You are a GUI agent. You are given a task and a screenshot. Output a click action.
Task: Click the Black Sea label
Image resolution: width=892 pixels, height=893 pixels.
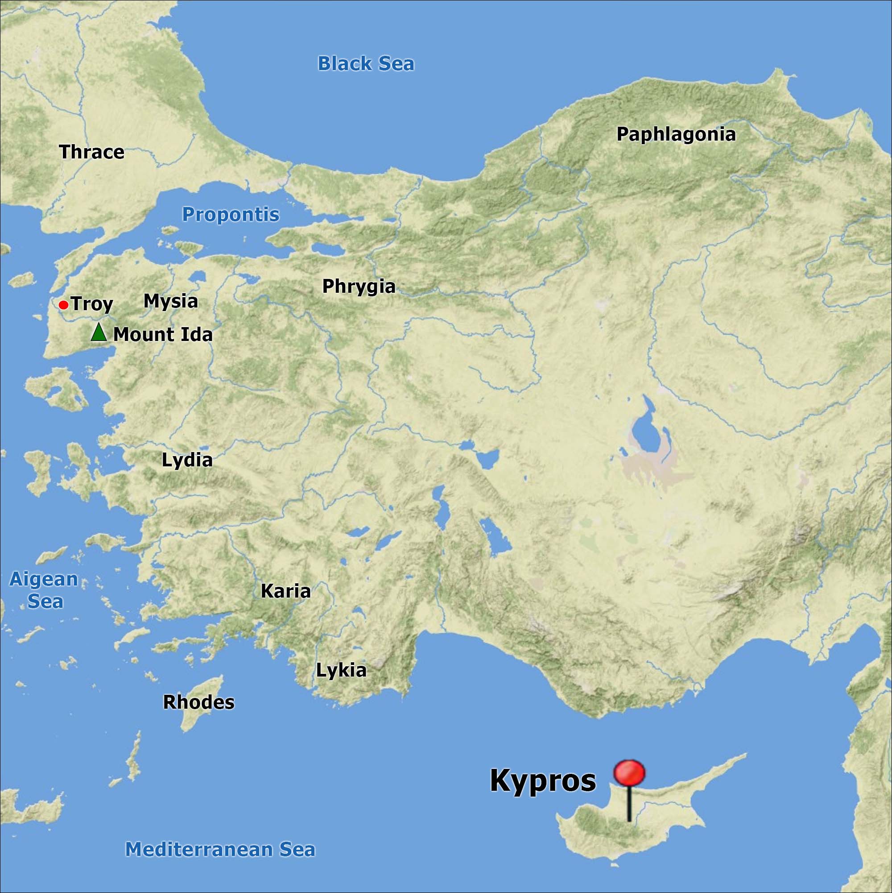(x=365, y=64)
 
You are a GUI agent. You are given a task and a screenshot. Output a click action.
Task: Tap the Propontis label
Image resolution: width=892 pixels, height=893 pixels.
(x=231, y=215)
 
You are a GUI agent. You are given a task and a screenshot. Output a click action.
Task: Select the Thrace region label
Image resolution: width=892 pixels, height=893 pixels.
(x=91, y=152)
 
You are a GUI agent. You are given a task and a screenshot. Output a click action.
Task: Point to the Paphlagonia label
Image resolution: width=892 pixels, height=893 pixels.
(x=676, y=134)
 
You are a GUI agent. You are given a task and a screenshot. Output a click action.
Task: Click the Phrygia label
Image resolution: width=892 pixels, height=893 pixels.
(x=359, y=286)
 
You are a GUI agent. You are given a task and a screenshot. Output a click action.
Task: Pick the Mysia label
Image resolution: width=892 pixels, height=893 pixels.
(x=170, y=301)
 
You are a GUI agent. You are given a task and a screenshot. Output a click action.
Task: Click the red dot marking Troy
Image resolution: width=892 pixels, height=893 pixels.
(x=64, y=305)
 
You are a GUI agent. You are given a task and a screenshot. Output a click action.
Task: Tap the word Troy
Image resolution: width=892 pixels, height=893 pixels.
(x=92, y=304)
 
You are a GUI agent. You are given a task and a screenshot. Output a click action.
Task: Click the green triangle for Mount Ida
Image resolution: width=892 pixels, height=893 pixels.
(x=99, y=333)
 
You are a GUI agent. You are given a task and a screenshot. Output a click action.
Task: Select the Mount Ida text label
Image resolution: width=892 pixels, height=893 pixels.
(x=163, y=334)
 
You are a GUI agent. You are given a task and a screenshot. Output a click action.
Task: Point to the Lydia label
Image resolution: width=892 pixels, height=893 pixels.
(x=187, y=460)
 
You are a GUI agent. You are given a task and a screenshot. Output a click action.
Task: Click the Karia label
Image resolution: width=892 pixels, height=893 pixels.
(x=285, y=591)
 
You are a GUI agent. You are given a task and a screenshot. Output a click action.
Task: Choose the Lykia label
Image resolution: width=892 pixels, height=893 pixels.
(x=341, y=670)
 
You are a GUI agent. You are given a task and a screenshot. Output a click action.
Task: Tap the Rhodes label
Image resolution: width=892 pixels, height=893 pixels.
(x=198, y=702)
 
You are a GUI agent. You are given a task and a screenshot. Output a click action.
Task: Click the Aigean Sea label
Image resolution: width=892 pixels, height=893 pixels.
(x=44, y=590)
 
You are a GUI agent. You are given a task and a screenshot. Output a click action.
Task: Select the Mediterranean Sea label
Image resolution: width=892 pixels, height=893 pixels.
(x=220, y=850)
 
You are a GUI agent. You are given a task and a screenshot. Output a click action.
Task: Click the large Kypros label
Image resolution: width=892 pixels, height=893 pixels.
(x=543, y=780)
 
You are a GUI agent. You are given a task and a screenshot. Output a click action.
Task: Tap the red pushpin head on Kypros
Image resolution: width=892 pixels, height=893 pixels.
(x=629, y=773)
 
